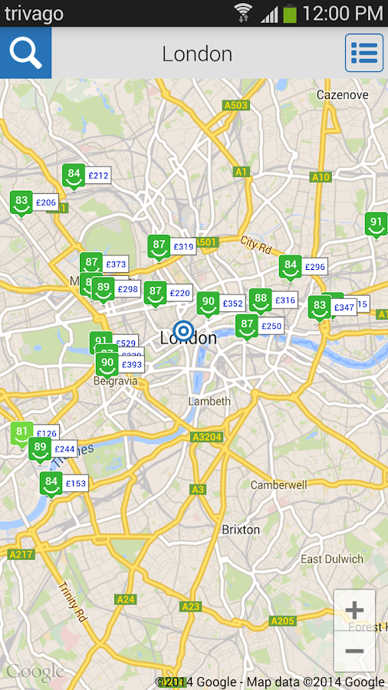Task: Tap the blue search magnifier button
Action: [25, 53]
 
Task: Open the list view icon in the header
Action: [364, 53]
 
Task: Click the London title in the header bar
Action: [197, 54]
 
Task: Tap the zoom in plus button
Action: [354, 610]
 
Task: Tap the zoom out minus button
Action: [354, 651]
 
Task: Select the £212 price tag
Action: [99, 176]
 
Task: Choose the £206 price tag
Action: [46, 202]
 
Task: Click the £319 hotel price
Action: [183, 247]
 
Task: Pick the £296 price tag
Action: [315, 267]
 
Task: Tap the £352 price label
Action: [232, 304]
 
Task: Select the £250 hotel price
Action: [271, 326]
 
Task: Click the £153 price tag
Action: [76, 484]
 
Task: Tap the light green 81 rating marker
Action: [21, 432]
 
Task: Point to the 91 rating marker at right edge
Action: [376, 225]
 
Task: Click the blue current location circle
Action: [183, 331]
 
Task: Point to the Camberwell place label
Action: [278, 485]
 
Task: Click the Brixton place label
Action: [241, 530]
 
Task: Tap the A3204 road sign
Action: [206, 437]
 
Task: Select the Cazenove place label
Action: [343, 95]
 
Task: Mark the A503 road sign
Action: [235, 104]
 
